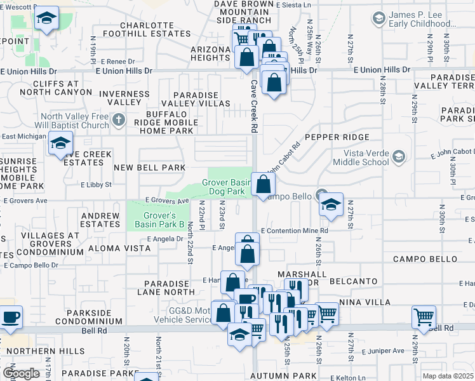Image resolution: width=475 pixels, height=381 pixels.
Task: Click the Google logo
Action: (x=21, y=373)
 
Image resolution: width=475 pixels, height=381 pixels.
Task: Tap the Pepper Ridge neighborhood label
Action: (x=337, y=137)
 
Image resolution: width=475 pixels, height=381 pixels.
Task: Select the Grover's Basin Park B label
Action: (x=159, y=220)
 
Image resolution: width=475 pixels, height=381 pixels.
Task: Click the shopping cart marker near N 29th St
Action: (x=423, y=316)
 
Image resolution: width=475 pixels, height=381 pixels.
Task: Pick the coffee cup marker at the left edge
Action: (x=11, y=316)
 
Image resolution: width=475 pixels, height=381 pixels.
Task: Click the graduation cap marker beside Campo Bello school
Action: (x=330, y=204)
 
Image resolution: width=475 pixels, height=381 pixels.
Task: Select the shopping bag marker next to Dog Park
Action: (x=264, y=185)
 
